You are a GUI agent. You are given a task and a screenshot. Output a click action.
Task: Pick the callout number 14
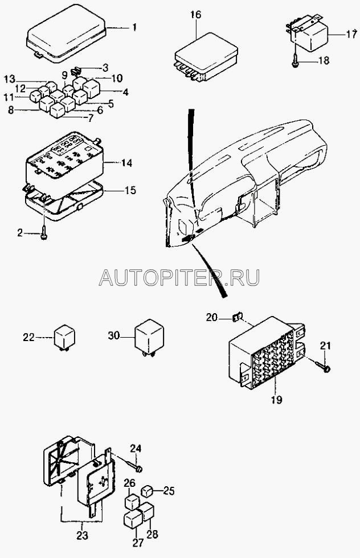[126, 163]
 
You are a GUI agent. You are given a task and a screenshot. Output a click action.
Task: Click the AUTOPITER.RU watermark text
[179, 278]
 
